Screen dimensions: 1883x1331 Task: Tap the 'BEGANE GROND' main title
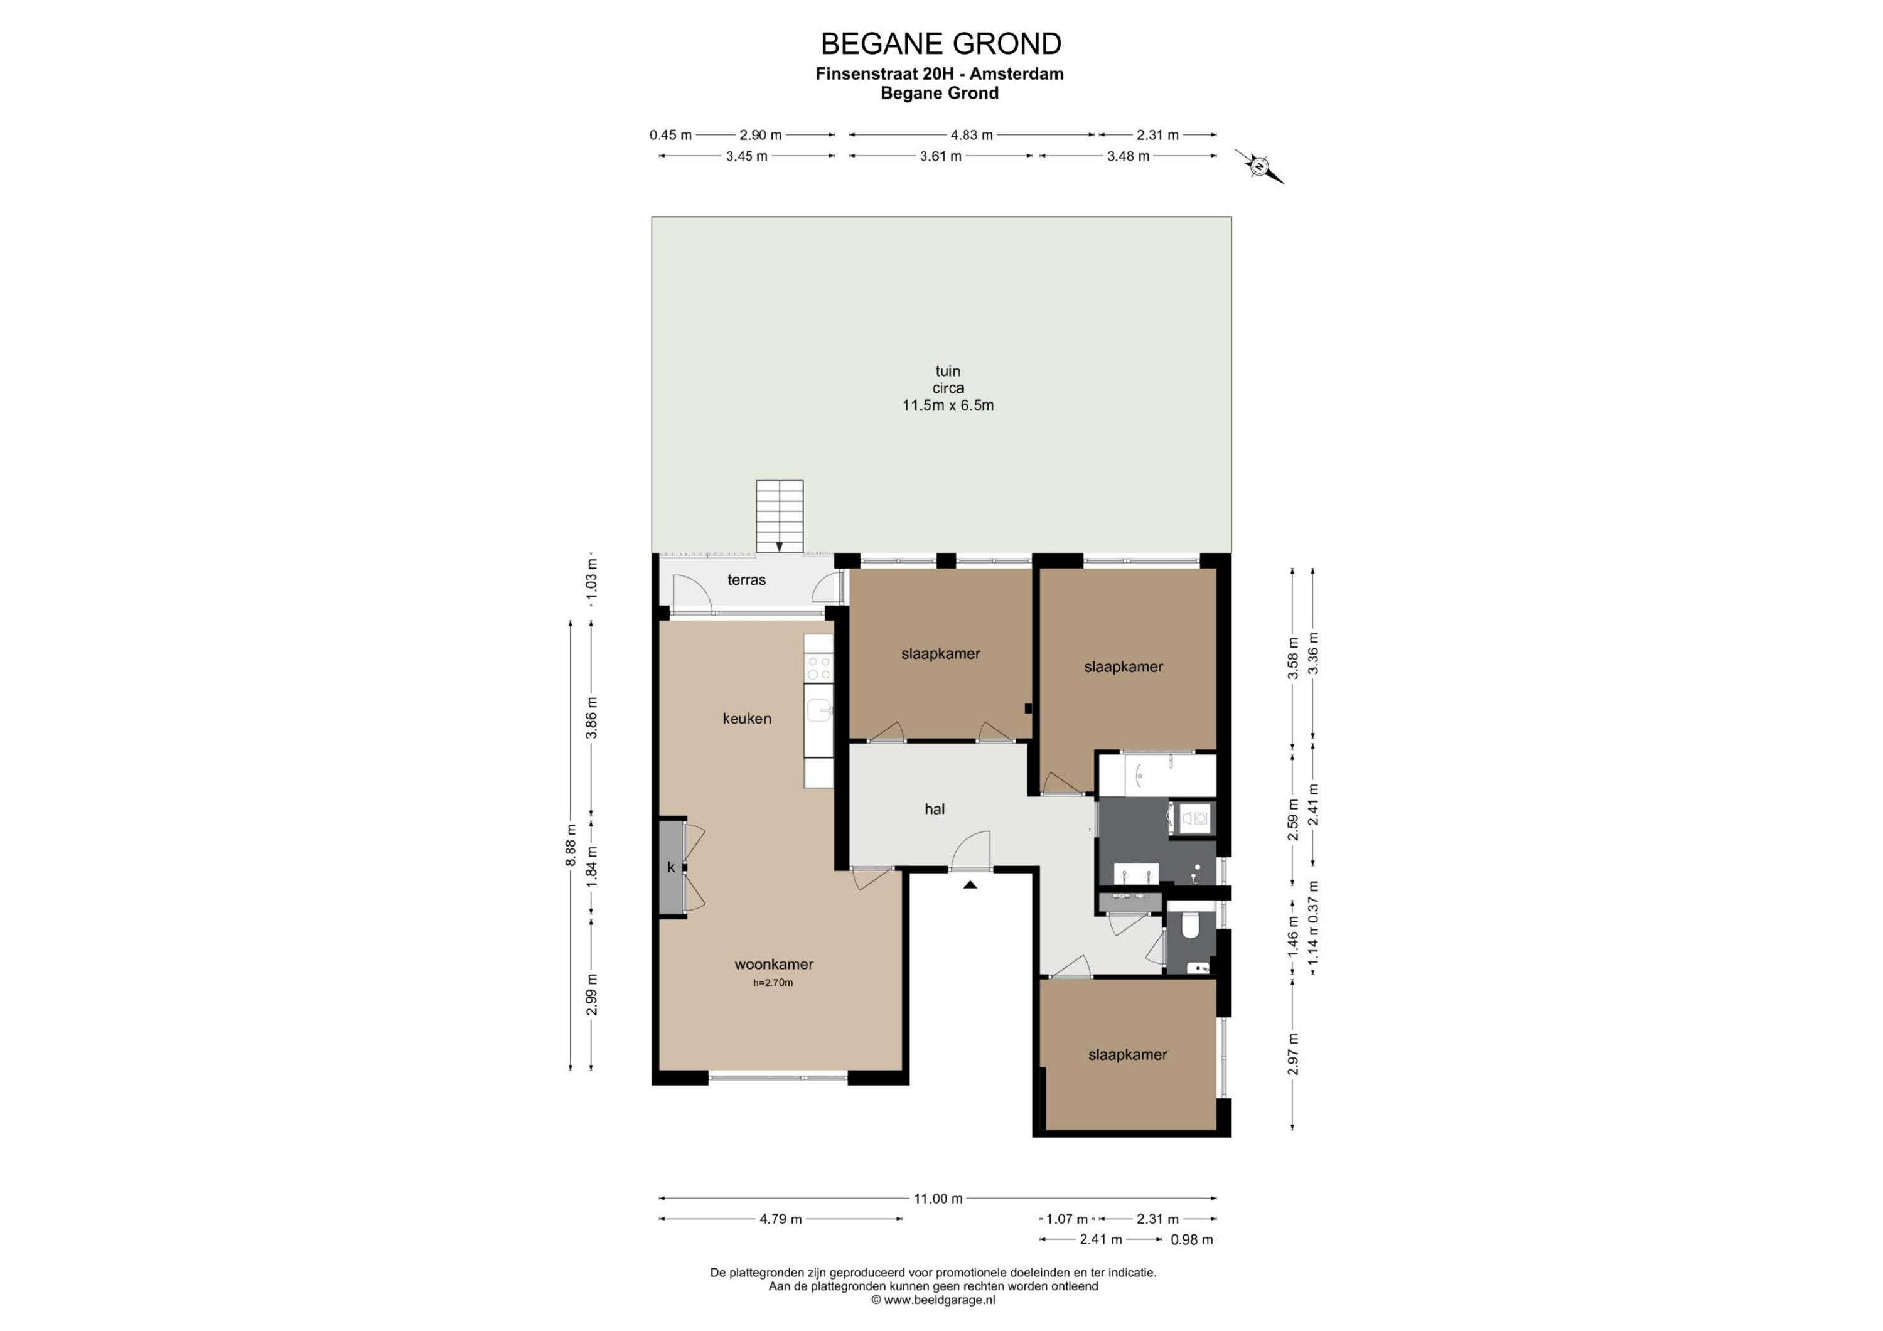point(941,43)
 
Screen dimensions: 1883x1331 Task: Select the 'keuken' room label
point(746,719)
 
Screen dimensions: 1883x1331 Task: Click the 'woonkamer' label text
point(773,964)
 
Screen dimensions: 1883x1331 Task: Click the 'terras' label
point(746,580)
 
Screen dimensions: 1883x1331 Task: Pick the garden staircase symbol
point(779,516)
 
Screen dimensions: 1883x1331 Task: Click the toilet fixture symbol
point(1190,926)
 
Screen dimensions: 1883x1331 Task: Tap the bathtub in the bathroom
point(1156,775)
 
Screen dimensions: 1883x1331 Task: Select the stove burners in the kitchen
point(818,666)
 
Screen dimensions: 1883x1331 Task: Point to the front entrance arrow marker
point(970,885)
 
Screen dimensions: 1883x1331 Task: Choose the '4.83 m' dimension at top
point(972,134)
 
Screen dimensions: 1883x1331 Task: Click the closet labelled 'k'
point(672,867)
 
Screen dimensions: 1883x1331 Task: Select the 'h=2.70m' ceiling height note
point(773,983)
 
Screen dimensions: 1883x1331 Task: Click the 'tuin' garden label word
point(948,371)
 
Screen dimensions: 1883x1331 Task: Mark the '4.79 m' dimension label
point(781,1219)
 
